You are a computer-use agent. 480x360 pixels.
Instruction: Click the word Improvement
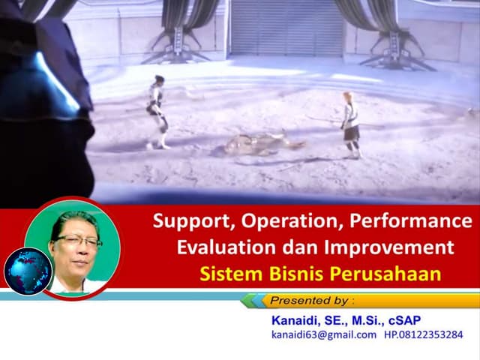[x=393, y=247]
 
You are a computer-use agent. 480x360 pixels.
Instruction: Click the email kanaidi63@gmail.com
[x=324, y=335]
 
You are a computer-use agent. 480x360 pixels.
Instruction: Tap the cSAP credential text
[x=424, y=320]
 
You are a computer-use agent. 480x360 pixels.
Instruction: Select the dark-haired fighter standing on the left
[x=157, y=110]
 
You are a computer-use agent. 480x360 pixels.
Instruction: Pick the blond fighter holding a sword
[x=350, y=124]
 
